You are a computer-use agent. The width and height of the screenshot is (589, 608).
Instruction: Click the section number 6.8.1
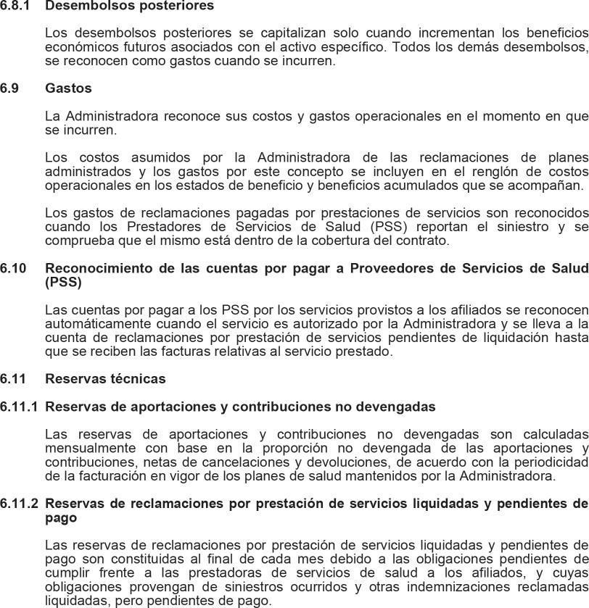16,6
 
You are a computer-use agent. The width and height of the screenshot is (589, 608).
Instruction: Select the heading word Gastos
68,88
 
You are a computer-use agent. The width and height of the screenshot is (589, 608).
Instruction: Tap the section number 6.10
13,268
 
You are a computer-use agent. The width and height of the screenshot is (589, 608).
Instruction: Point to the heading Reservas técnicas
105,379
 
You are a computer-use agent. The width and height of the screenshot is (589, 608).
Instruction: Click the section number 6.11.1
19,407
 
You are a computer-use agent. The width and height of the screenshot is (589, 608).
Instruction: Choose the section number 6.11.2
19,503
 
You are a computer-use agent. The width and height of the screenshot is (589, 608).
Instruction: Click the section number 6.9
10,88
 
